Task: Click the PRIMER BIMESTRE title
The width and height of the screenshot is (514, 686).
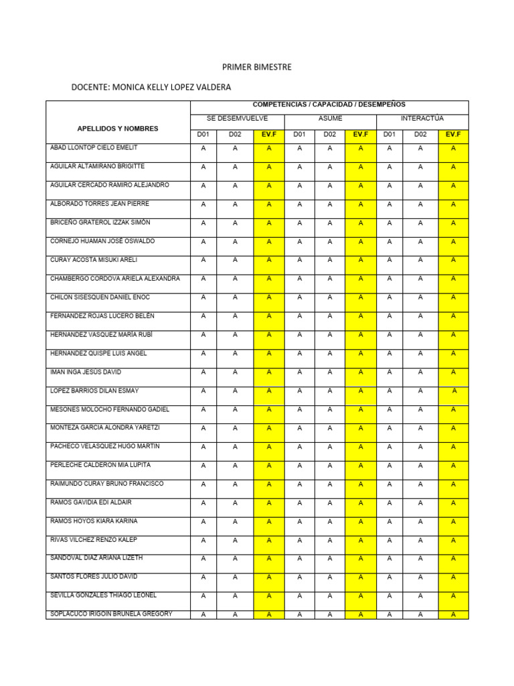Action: coord(257,68)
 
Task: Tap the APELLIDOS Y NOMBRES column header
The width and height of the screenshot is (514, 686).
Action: coord(118,128)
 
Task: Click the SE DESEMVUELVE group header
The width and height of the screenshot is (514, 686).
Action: coord(238,119)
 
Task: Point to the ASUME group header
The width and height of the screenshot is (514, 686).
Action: coord(330,119)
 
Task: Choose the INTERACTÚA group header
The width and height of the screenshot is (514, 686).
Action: coord(422,119)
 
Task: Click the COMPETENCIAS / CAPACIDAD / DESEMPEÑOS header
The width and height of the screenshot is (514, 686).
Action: coord(329,105)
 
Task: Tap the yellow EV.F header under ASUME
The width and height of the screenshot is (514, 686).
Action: coord(361,135)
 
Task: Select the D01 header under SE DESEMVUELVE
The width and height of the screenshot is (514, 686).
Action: coord(203,135)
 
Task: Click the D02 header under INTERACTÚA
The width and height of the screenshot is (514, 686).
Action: coord(420,135)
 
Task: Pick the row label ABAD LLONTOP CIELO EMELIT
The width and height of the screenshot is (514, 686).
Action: coord(94,147)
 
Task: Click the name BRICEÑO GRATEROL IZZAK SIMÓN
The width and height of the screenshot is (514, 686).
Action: coord(100,222)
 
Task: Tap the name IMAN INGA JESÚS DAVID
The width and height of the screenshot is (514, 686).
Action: coord(86,372)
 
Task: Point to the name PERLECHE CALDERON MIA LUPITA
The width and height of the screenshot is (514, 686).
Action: coord(100,465)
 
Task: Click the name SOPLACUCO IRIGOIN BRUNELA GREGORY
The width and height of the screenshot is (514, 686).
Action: coord(111,614)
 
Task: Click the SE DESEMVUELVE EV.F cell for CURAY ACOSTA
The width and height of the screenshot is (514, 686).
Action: coord(269,261)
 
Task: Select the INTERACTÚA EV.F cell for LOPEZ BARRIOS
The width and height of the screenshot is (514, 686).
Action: coord(454,391)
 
